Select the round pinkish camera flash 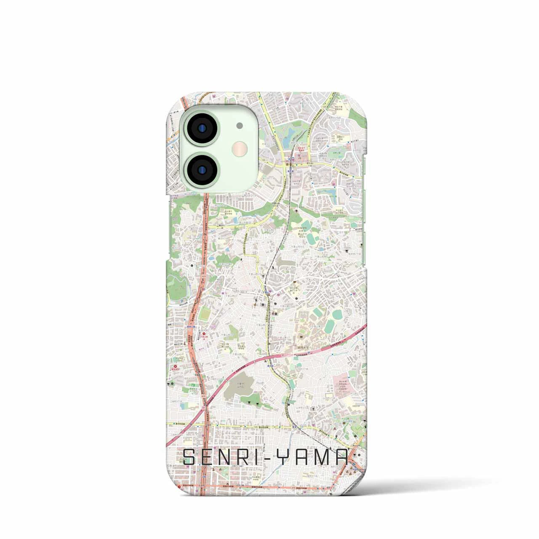pyautogui.click(x=239, y=149)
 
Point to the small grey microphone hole pyautogui.click(x=239, y=125)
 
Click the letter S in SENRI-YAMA pyautogui.click(x=190, y=457)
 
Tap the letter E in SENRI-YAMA pyautogui.click(x=212, y=457)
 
